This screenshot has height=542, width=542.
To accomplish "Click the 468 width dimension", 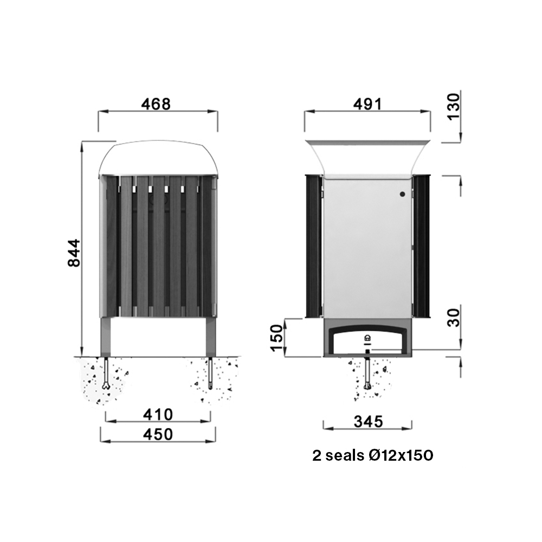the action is click(x=156, y=104).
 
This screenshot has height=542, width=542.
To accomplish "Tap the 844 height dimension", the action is click(x=74, y=253).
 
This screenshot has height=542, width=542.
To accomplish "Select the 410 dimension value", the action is click(x=158, y=415).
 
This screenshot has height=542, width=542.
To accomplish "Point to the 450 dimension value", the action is click(x=158, y=434).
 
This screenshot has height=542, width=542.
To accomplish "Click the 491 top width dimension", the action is click(x=367, y=104).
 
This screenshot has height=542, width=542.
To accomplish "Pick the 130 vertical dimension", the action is click(x=454, y=106).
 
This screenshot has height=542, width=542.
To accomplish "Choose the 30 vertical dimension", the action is click(x=454, y=317).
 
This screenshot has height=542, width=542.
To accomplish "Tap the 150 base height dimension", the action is click(x=277, y=338).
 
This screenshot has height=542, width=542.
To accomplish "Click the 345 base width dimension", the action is click(x=369, y=422).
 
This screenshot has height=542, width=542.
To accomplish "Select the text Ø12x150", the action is click(x=401, y=456).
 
